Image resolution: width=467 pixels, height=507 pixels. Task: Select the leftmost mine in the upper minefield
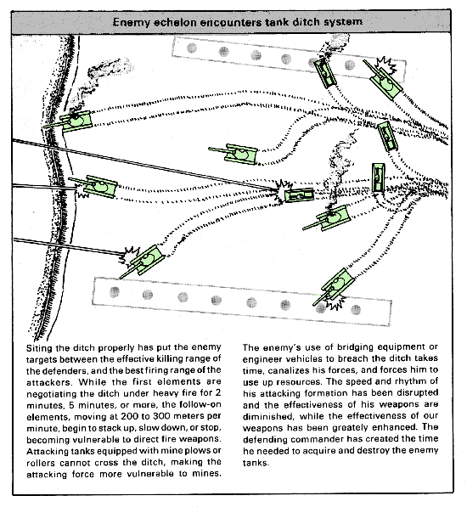pos(192,48)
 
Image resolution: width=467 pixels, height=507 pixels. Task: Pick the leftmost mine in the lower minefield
pos(115,292)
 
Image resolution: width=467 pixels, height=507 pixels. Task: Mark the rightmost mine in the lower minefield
pos(356,310)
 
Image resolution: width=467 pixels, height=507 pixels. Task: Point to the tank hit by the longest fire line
pos(299,195)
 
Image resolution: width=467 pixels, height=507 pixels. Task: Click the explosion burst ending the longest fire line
pos(282,191)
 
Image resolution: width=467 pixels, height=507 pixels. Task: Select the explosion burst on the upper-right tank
pos(386,65)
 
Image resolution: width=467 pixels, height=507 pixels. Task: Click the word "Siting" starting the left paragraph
pos(39,348)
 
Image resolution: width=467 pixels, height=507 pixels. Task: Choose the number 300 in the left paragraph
pos(161,416)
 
